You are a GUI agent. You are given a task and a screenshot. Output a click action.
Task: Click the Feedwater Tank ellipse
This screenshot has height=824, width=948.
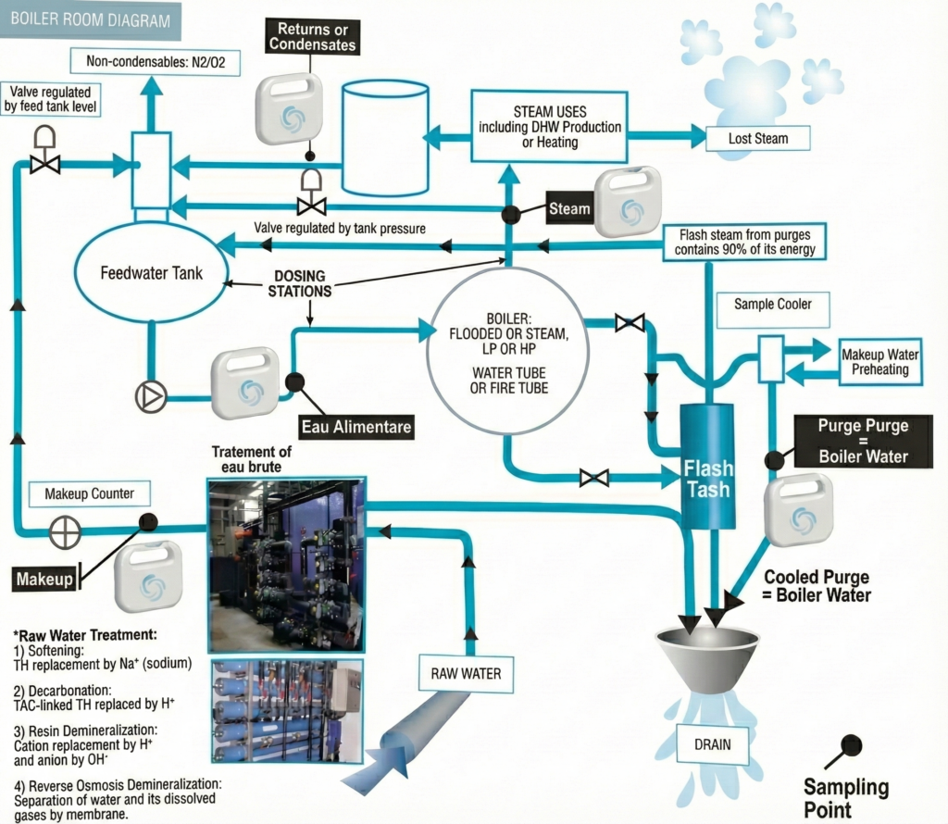151,274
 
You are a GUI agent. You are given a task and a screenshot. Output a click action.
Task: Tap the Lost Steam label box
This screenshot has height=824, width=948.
757,139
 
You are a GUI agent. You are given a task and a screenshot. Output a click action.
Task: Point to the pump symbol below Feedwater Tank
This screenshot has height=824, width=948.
151,397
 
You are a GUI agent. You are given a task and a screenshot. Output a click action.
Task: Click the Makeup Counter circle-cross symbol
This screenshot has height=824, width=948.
66,531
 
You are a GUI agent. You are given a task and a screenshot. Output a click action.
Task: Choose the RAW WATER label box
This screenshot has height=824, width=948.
466,673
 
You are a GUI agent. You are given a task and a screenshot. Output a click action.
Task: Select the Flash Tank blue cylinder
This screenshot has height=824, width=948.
707,463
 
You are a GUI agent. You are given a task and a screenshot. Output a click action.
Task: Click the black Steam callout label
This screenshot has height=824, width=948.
568,209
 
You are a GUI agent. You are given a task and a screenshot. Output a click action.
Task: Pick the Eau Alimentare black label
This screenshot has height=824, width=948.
356,428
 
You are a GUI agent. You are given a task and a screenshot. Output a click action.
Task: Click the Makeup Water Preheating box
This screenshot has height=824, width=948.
874,362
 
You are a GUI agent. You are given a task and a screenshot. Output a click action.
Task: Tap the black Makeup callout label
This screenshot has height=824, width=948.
44,580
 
